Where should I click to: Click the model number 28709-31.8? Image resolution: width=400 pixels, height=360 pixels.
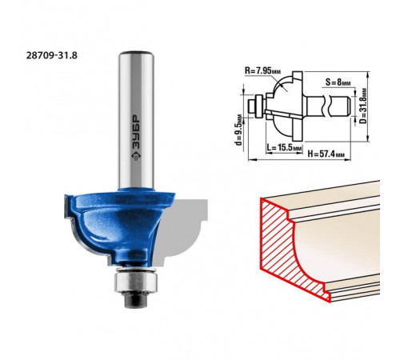tap(52, 55)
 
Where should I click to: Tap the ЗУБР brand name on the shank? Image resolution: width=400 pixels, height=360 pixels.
tap(136, 133)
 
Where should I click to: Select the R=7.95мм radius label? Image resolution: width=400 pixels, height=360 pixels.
tap(263, 71)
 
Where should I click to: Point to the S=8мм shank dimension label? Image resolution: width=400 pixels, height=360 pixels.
tap(338, 82)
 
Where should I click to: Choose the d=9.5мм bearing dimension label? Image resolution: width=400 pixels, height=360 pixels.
tap(239, 130)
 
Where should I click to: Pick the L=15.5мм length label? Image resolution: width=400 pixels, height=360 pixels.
tap(284, 147)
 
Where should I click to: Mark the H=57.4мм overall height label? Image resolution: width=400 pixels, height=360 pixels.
tap(326, 154)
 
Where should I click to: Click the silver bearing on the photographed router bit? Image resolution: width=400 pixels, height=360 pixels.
tap(135, 281)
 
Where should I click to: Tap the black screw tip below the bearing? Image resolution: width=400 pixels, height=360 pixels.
tap(135, 300)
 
